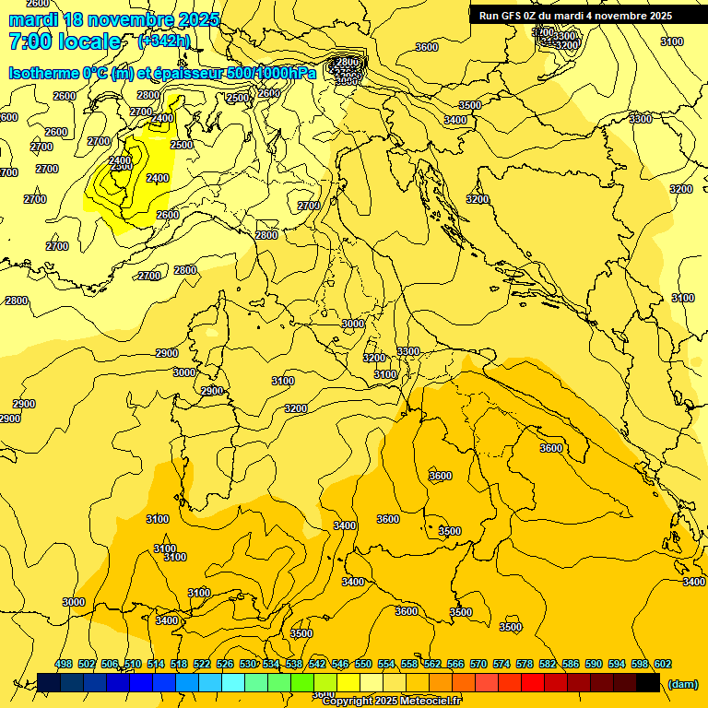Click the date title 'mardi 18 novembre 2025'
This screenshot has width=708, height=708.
114,19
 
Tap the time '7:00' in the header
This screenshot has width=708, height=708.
31,41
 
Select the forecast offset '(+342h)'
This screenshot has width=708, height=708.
165,41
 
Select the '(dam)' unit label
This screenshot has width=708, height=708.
682,684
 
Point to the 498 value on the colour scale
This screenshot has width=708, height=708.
64,664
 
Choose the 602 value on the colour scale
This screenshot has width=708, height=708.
663,664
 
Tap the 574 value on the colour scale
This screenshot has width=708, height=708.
501,664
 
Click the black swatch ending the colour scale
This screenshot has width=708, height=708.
648,682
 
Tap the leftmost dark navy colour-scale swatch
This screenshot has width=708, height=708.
49,682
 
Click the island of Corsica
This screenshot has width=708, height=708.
211,323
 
